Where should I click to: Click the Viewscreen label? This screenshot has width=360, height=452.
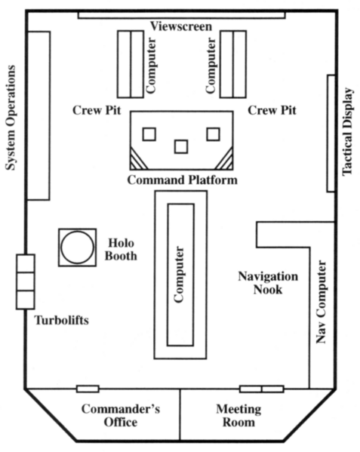pyautogui.click(x=181, y=26)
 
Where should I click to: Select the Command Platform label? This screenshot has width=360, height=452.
pyautogui.click(x=183, y=180)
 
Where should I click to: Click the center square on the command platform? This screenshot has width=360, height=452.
pyautogui.click(x=181, y=146)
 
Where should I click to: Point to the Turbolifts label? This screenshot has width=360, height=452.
pyautogui.click(x=61, y=320)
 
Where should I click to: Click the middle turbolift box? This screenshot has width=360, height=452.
pyautogui.click(x=26, y=281)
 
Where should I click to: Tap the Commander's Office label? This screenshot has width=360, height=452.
pyautogui.click(x=121, y=415)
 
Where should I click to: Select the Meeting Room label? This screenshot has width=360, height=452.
pyautogui.click(x=238, y=415)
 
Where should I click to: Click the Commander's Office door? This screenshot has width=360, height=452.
pyautogui.click(x=88, y=389)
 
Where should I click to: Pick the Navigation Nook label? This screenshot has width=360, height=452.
pyautogui.click(x=268, y=283)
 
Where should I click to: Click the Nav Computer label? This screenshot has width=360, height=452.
pyautogui.click(x=321, y=302)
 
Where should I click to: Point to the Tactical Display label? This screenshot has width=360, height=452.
pyautogui.click(x=347, y=131)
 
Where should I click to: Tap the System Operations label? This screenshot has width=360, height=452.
pyautogui.click(x=11, y=118)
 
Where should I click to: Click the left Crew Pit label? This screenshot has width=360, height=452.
pyautogui.click(x=97, y=110)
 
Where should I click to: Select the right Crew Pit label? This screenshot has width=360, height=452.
pyautogui.click(x=272, y=110)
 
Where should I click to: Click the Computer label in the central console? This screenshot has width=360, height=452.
pyautogui.click(x=179, y=274)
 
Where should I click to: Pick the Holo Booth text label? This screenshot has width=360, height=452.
pyautogui.click(x=121, y=249)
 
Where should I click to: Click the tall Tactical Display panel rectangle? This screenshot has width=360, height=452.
pyautogui.click(x=331, y=133)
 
